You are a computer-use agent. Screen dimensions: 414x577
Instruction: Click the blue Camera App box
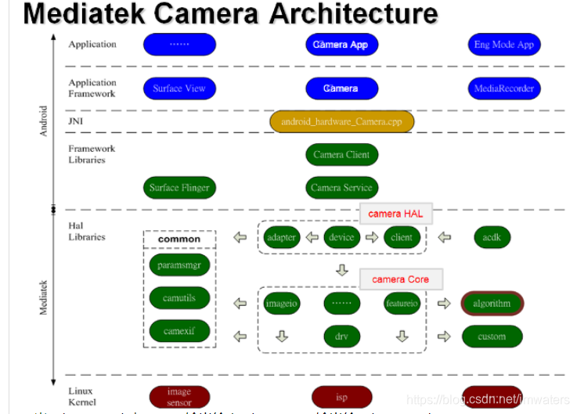pos(341,45)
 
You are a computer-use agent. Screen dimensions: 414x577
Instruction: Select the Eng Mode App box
pos(503,45)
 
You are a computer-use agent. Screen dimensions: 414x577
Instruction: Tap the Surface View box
pos(179,88)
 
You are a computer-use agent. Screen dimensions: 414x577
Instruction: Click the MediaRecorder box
pos(503,88)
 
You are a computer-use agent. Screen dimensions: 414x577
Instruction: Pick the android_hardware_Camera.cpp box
pos(342,122)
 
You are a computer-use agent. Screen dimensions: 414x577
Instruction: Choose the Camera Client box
pos(341,155)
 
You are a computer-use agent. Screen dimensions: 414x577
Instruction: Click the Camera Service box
pos(341,188)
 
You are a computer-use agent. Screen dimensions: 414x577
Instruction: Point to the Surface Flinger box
pos(179,188)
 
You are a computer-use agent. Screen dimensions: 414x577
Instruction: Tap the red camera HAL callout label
pos(396,214)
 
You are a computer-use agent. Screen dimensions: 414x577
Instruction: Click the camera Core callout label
pos(400,279)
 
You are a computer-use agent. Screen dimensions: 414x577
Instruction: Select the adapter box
pos(282,237)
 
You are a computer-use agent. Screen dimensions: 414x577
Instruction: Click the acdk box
pos(492,237)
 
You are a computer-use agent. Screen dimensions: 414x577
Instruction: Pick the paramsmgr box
pos(179,265)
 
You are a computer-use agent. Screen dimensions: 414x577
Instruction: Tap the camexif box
pos(179,331)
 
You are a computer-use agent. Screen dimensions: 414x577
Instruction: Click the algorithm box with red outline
pos(492,304)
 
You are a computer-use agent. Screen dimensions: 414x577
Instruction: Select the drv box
pos(342,337)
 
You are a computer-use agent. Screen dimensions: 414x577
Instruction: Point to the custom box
pos(492,337)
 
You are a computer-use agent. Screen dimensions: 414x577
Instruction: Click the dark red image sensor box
pos(179,397)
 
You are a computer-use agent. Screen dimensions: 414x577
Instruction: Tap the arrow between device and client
pos(370,237)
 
